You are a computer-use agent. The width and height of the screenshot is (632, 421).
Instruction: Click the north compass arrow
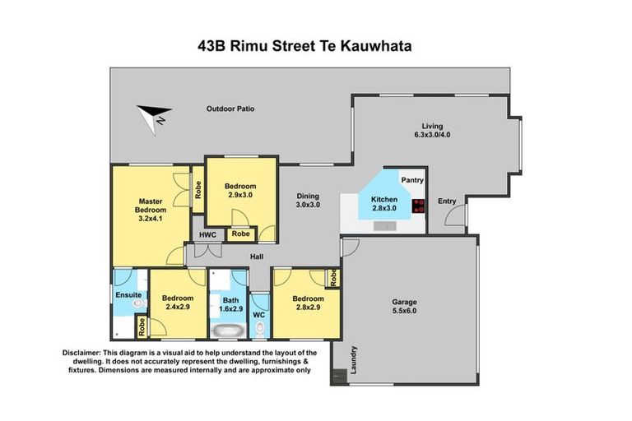tap(154, 116)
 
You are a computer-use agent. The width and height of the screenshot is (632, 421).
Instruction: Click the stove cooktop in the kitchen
tap(417, 206)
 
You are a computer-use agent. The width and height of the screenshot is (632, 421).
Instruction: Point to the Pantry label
tap(411, 179)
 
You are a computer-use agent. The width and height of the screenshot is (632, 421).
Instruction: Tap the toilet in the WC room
tap(260, 331)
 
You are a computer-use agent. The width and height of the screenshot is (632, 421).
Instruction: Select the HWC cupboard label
tap(207, 235)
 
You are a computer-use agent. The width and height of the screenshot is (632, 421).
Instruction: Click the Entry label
tap(447, 201)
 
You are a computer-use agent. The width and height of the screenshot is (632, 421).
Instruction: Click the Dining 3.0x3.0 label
tap(308, 200)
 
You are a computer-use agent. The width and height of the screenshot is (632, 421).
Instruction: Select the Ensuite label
tap(128, 294)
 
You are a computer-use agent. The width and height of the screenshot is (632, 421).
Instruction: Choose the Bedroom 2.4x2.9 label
tap(177, 303)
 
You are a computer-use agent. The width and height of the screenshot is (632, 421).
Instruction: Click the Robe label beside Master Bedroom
tap(198, 190)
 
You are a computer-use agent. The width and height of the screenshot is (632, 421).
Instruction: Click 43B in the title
tap(212, 46)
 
